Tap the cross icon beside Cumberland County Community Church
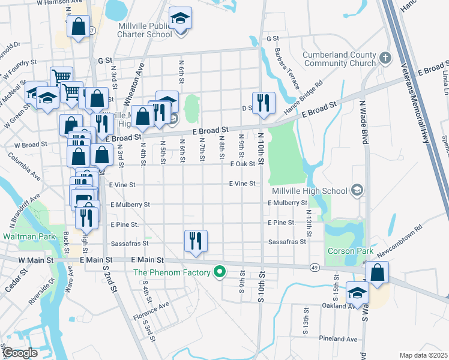tap(385, 58)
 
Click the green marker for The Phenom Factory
tap(220, 272)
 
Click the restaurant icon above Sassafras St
tap(196, 241)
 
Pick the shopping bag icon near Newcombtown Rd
tap(377, 272)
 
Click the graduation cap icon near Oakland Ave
tap(358, 293)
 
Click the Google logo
tap(20, 353)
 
